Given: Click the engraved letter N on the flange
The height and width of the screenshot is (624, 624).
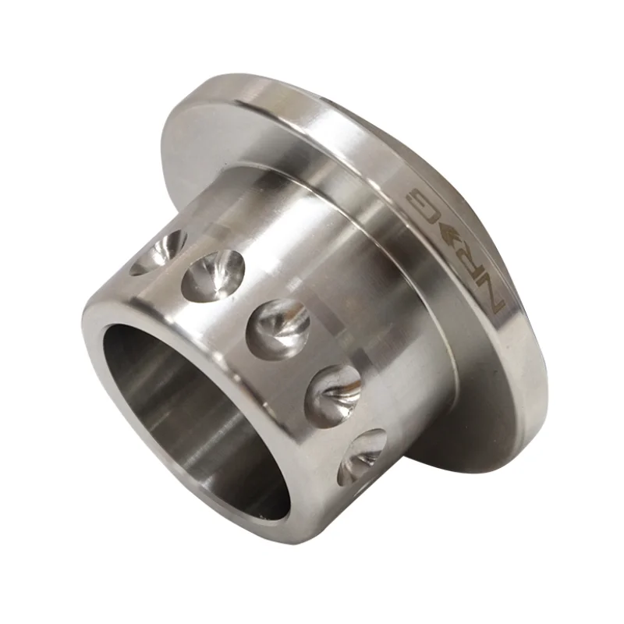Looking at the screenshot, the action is [x=493, y=301].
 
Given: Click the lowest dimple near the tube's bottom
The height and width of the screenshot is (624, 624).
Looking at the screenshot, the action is [x=361, y=457].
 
